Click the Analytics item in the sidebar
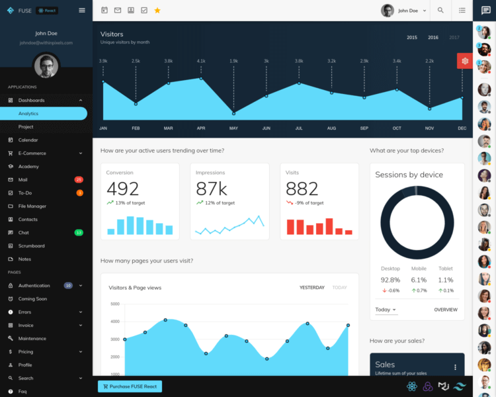coord(28,113)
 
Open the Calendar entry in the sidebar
coord(28,140)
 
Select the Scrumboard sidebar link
coord(31,245)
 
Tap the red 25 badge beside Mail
coord(79,179)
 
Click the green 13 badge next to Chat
coord(79,232)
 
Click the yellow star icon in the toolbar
coord(157,11)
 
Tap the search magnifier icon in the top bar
coord(441,11)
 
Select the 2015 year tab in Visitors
coord(412,38)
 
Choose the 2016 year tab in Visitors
coord(433,38)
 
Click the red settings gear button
coord(465,61)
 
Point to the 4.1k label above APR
coord(201,61)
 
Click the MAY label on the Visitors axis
coord(233,128)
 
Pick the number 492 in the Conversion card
coord(123,189)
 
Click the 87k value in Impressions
coord(212,189)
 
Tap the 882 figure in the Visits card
coord(302,189)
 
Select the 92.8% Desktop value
coord(390,280)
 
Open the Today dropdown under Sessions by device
coord(386,310)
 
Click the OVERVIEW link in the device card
coord(446,310)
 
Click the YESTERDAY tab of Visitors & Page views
coord(312,288)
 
